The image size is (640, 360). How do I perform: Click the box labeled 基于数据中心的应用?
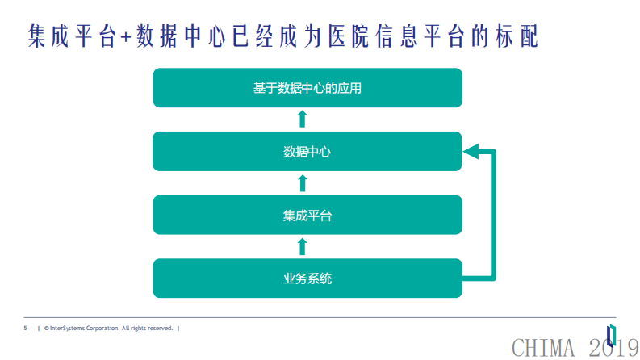pyautogui.click(x=307, y=88)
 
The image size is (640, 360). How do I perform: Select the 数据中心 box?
pyautogui.click(x=307, y=151)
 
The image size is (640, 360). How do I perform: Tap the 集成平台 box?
pyautogui.click(x=307, y=215)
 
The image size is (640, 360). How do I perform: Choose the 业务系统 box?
pyautogui.click(x=307, y=278)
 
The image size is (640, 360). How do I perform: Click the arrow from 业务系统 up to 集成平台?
pyautogui.click(x=303, y=246)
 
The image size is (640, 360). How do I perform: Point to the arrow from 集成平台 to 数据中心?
pyautogui.click(x=303, y=182)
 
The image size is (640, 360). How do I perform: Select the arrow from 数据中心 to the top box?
pyautogui.click(x=303, y=119)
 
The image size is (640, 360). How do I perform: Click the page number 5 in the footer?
pyautogui.click(x=25, y=329)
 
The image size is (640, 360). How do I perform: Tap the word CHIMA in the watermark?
pyautogui.click(x=543, y=348)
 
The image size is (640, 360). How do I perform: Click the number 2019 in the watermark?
pyautogui.click(x=613, y=348)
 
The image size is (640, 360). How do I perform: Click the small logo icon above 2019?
pyautogui.click(x=612, y=333)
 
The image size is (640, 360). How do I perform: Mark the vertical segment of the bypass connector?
pyautogui.click(x=492, y=214)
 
